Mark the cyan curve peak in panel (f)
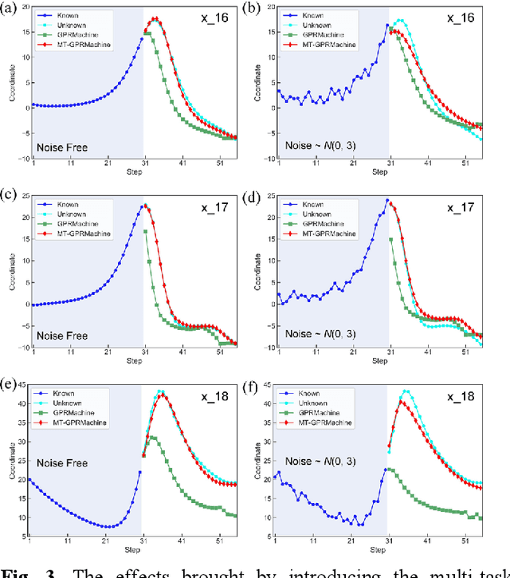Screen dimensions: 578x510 pyautogui.click(x=406, y=391)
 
